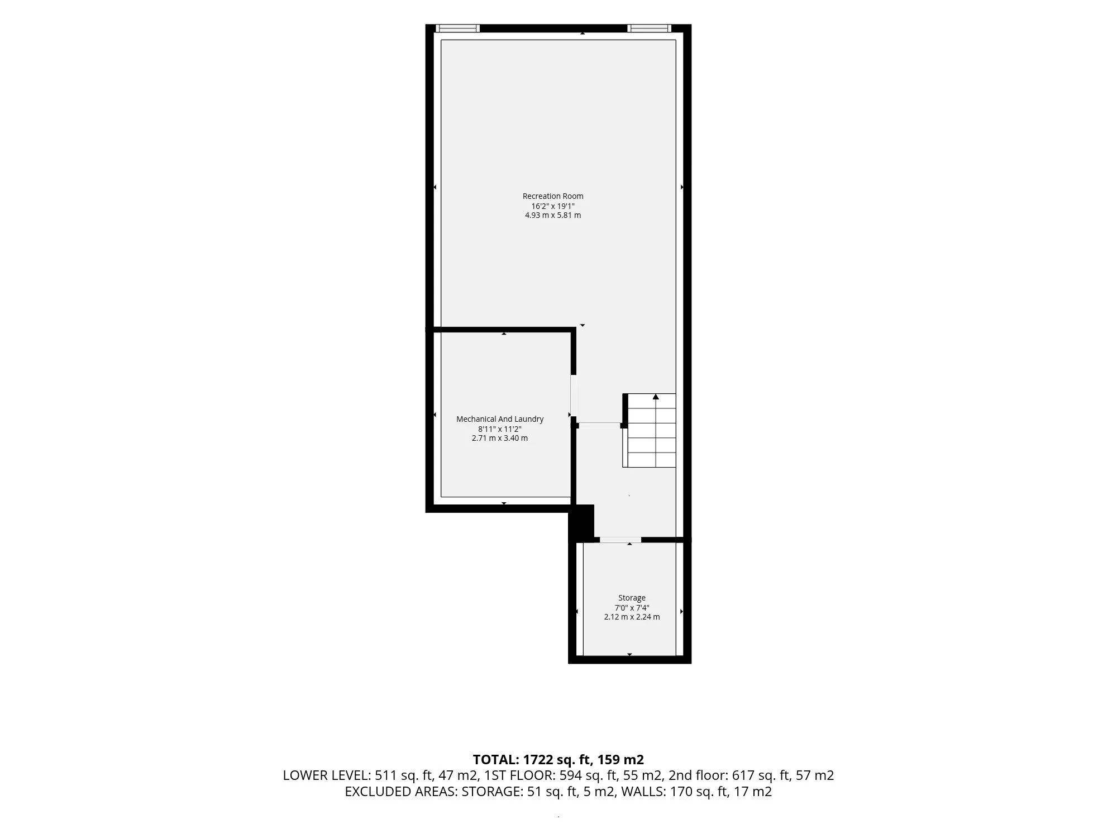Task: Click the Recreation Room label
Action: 553,196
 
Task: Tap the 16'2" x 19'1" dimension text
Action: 553,206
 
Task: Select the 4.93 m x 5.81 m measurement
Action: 553,215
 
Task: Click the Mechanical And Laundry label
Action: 500,419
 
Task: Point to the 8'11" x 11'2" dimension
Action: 500,428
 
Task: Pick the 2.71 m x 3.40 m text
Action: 500,438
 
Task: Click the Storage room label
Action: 632,598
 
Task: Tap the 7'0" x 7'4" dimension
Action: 632,607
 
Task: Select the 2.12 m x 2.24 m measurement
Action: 632,617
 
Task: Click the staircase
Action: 650,430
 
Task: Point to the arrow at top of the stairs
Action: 656,397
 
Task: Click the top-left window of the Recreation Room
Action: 457,28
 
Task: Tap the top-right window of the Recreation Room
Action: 649,28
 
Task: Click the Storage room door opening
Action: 620,540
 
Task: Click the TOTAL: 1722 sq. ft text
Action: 532,760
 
